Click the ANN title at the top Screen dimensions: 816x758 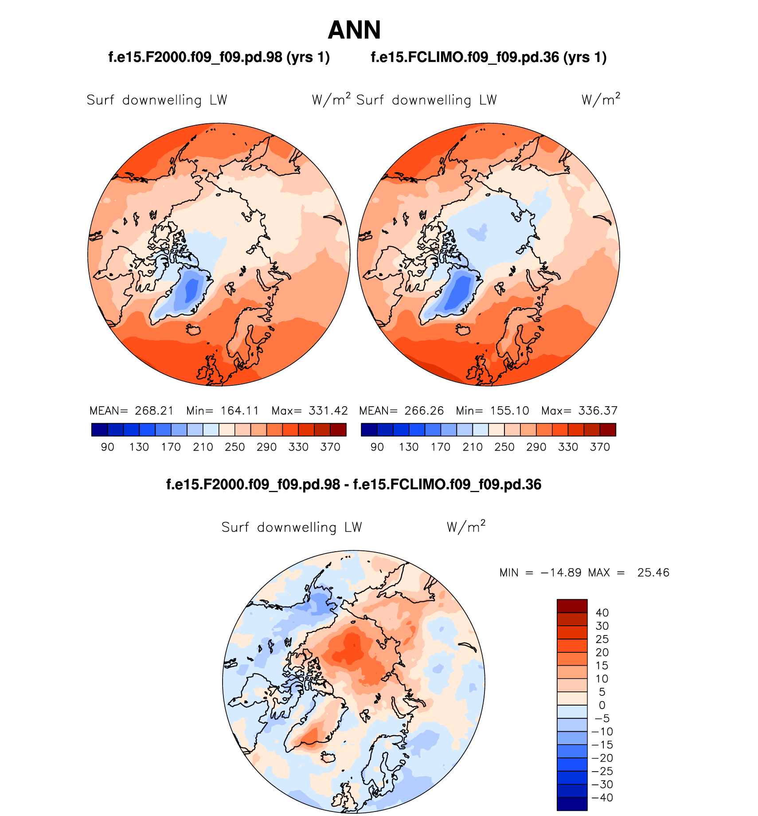point(354,30)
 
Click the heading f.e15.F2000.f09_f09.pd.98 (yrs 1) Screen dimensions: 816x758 point(219,57)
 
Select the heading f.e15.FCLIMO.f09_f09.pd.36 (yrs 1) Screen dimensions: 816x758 point(488,57)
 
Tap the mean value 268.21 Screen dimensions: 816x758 point(154,411)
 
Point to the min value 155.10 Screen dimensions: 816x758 point(510,411)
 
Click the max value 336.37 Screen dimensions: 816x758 point(598,411)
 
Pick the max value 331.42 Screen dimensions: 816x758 point(328,411)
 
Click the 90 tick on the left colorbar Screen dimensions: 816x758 point(107,447)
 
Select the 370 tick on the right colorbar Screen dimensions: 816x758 point(600,447)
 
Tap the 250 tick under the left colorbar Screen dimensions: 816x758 point(234,447)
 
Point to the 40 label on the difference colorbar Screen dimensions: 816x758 point(602,613)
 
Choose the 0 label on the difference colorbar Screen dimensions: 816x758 point(602,705)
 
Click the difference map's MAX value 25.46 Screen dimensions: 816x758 point(653,573)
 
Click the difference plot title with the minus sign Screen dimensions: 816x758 point(354,484)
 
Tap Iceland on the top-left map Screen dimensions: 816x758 point(194,330)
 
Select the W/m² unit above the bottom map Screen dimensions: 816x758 point(466,527)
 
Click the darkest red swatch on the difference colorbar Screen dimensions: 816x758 point(572,606)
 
